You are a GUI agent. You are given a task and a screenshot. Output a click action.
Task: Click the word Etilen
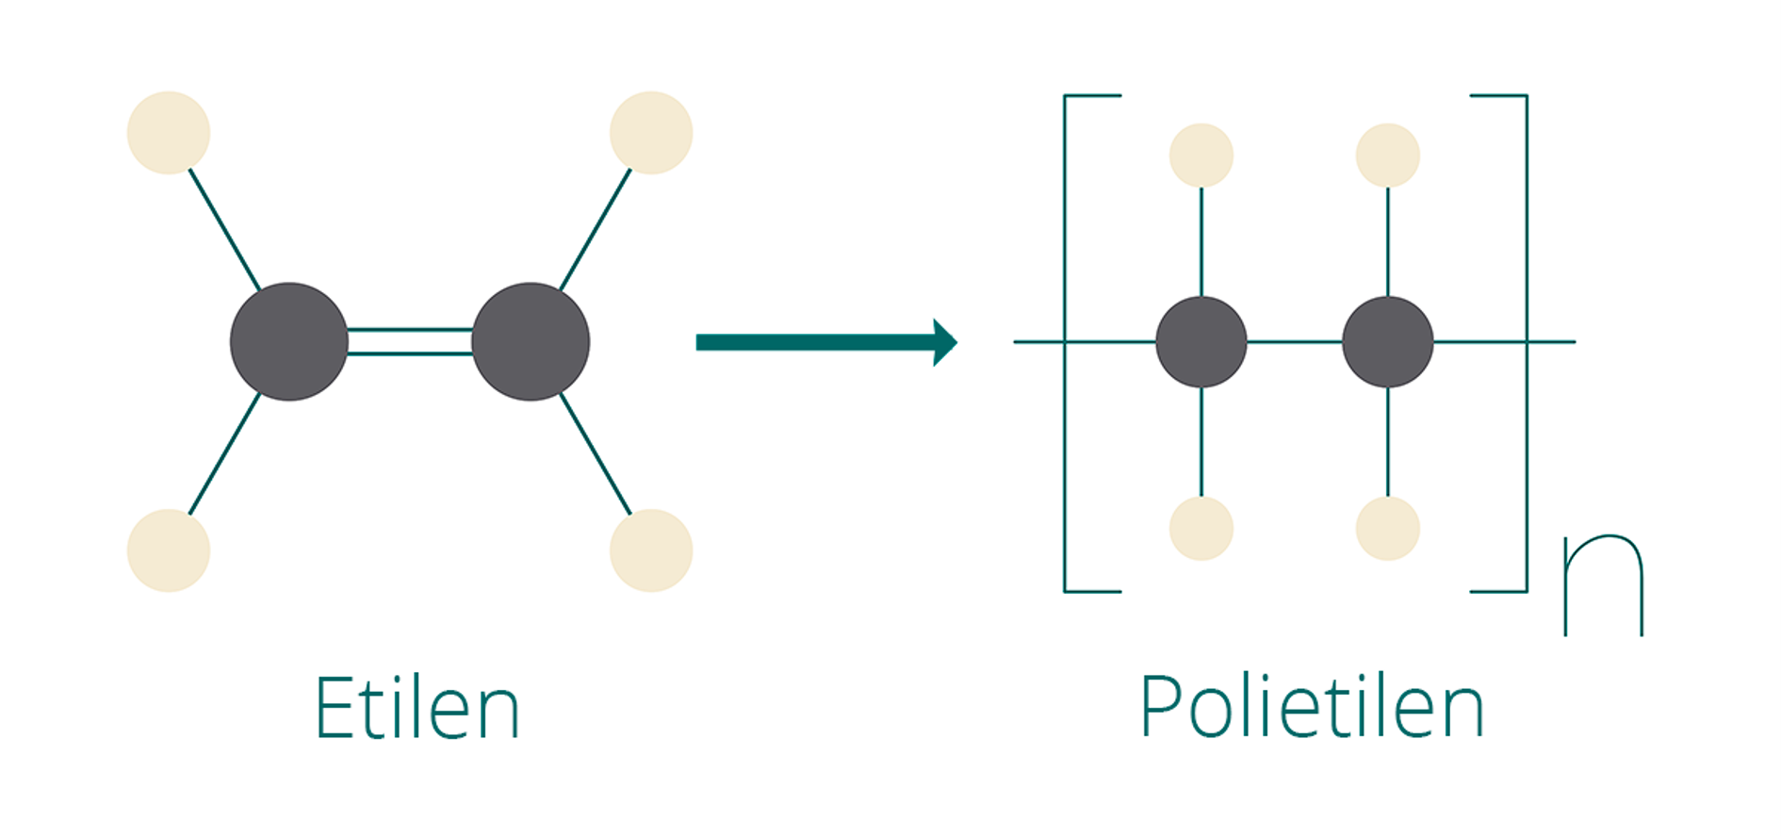(x=417, y=707)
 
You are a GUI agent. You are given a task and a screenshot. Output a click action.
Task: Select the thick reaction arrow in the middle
(x=826, y=342)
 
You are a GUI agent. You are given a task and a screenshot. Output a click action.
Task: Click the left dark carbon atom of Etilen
(x=289, y=341)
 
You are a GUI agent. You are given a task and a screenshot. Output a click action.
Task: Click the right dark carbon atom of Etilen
(x=531, y=341)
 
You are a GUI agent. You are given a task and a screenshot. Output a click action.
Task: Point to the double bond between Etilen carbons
(x=410, y=341)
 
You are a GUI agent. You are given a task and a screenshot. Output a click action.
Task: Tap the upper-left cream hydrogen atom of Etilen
(x=169, y=133)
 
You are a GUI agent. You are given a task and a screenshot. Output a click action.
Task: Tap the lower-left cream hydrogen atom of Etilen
(x=169, y=550)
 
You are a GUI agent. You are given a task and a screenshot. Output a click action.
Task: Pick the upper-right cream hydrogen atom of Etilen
(x=651, y=133)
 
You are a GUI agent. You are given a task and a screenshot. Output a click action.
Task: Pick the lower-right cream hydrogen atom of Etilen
(x=651, y=550)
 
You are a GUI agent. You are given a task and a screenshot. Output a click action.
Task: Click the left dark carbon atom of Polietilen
(x=1201, y=341)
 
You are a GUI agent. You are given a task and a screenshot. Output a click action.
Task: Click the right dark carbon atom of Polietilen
(x=1388, y=341)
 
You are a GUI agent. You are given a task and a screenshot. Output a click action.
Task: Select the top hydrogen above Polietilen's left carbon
(x=1201, y=156)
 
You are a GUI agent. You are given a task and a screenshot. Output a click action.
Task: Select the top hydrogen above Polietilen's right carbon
(x=1388, y=156)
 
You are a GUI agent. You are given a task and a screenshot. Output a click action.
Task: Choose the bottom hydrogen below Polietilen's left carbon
(x=1201, y=529)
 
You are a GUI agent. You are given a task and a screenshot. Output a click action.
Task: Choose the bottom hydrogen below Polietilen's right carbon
(x=1388, y=529)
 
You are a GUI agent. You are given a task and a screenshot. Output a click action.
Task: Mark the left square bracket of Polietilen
(x=1065, y=343)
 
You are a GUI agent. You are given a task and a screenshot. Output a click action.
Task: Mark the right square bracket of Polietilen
(x=1527, y=343)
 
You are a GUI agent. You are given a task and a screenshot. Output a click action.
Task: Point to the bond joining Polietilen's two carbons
(x=1295, y=341)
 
